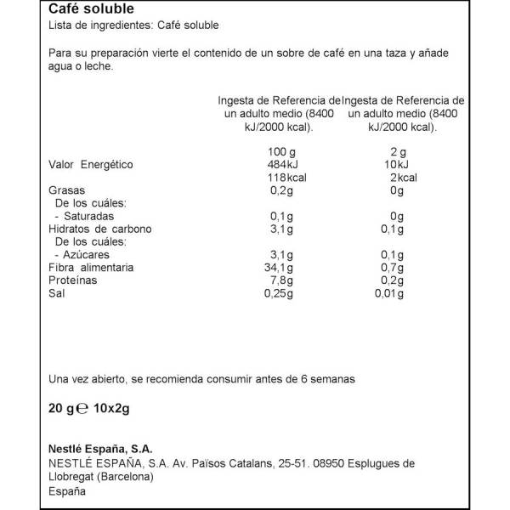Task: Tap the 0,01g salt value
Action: (x=391, y=293)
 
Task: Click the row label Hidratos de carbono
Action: (x=99, y=229)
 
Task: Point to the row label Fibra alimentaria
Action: (x=92, y=268)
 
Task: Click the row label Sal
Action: (x=59, y=293)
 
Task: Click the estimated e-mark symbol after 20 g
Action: (x=83, y=407)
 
